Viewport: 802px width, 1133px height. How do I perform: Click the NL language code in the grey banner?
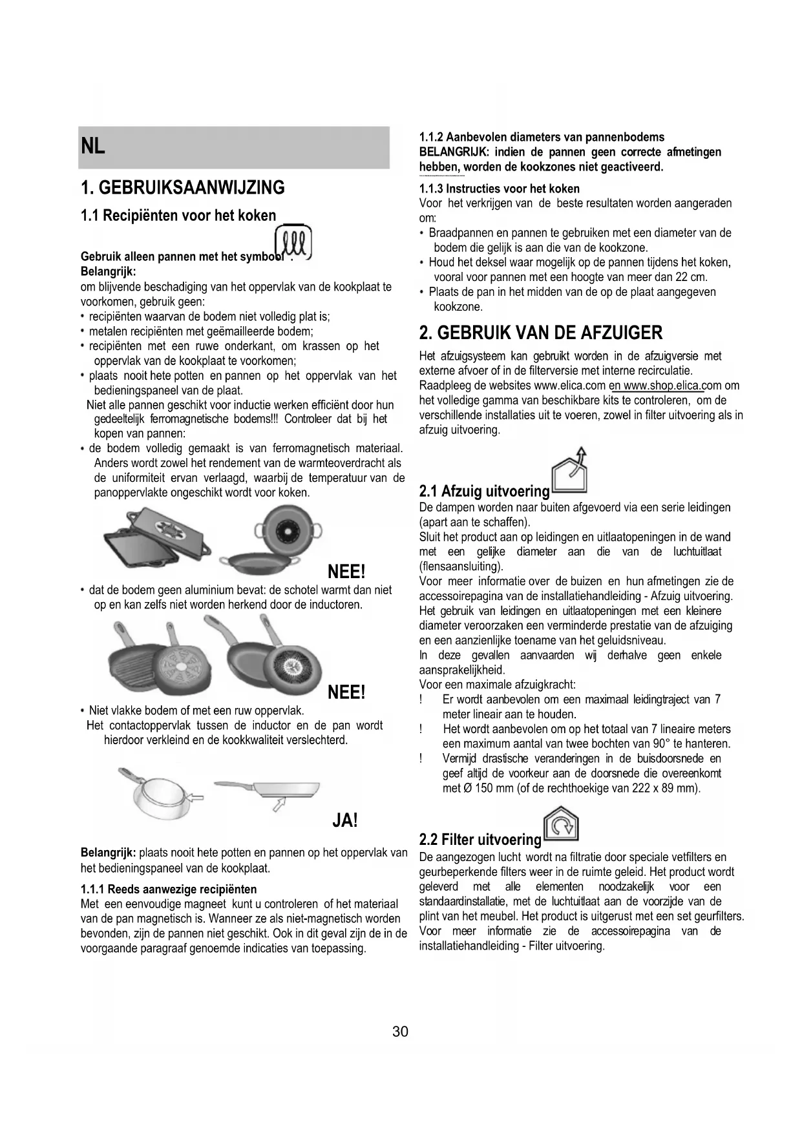[93, 147]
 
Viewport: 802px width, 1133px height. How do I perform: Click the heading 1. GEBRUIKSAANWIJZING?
[183, 188]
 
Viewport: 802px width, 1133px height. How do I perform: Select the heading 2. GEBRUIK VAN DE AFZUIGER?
[541, 333]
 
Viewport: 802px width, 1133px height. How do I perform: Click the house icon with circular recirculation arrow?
[561, 825]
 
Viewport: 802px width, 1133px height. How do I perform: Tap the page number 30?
[400, 1032]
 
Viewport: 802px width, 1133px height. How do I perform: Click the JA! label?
[344, 821]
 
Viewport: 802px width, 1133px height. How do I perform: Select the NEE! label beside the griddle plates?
[346, 572]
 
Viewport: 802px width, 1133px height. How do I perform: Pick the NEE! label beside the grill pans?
[346, 692]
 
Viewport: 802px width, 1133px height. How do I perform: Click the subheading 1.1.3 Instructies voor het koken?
[500, 189]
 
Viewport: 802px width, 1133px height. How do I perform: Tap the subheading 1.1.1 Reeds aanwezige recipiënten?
[169, 889]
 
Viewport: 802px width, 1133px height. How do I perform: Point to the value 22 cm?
[691, 277]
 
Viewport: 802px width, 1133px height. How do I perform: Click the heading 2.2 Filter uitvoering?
[480, 840]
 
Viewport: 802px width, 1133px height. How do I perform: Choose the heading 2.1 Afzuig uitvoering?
[484, 492]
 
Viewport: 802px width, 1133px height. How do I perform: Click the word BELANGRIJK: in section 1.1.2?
[454, 152]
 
